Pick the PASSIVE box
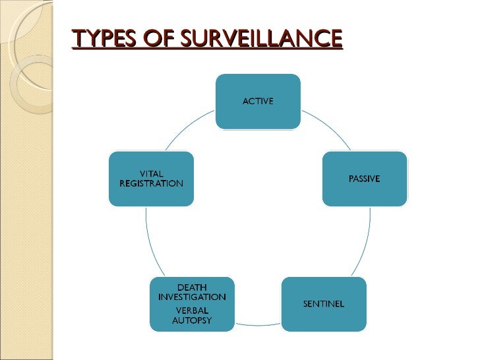pyautogui.click(x=364, y=179)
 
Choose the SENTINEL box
pyautogui.click(x=324, y=303)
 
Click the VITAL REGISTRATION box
pyautogui.click(x=151, y=179)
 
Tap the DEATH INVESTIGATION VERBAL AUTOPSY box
pyautogui.click(x=193, y=305)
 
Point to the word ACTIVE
pyautogui.click(x=258, y=101)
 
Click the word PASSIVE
pyautogui.click(x=364, y=179)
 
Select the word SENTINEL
pyautogui.click(x=324, y=303)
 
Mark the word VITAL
pyautogui.click(x=151, y=173)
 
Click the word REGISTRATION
pyautogui.click(x=151, y=183)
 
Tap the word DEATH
pyautogui.click(x=193, y=287)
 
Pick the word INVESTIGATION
pyautogui.click(x=193, y=297)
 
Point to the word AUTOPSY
pyautogui.click(x=193, y=321)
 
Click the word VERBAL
pyautogui.click(x=193, y=311)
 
